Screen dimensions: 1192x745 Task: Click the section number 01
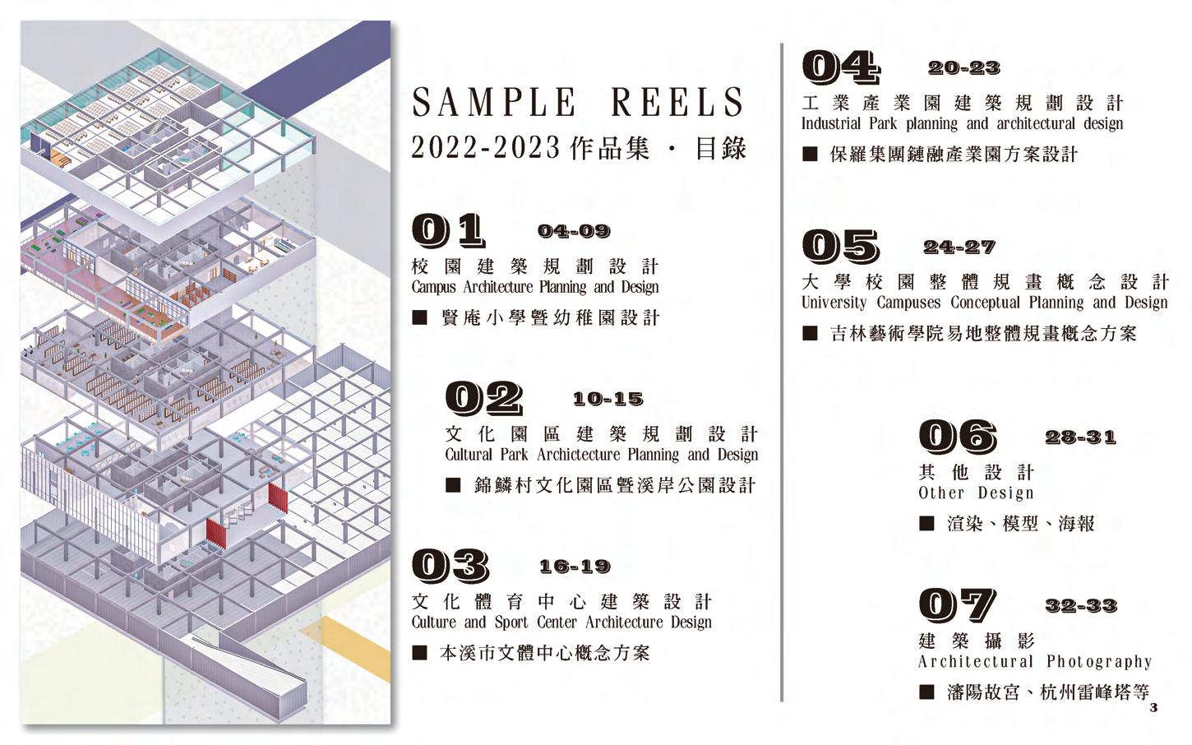click(x=448, y=231)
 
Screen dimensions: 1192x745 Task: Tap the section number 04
click(x=840, y=67)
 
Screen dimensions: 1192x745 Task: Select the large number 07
click(x=957, y=606)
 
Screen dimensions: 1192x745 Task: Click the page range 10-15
click(x=608, y=400)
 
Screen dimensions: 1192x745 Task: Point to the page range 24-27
click(x=959, y=247)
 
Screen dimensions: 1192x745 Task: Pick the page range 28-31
click(x=1080, y=437)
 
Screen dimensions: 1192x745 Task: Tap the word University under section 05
click(x=834, y=303)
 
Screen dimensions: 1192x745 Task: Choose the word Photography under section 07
click(x=1099, y=662)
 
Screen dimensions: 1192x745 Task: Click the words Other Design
click(x=976, y=493)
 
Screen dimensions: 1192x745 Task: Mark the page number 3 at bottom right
click(x=1153, y=708)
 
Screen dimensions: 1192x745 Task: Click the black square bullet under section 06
click(x=926, y=524)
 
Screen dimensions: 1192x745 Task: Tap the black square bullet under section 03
click(x=419, y=653)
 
